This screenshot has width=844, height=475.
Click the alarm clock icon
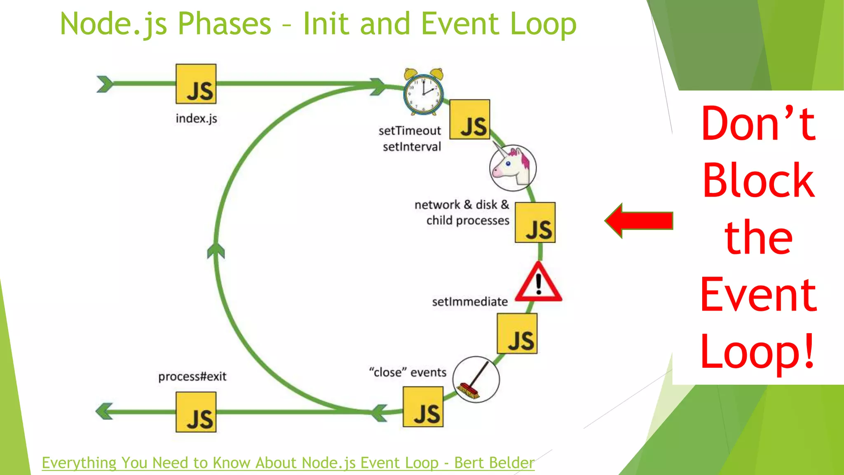(423, 92)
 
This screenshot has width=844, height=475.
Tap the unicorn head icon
(513, 168)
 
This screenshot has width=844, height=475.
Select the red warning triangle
(539, 283)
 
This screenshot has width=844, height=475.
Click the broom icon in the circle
(476, 380)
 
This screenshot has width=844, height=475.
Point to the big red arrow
(639, 221)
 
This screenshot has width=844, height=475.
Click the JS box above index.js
(196, 84)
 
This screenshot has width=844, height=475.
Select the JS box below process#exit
(196, 412)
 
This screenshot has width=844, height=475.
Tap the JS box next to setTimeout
(469, 120)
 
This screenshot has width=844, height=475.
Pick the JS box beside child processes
(535, 222)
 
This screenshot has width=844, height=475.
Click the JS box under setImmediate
(517, 333)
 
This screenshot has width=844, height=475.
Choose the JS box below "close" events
(423, 407)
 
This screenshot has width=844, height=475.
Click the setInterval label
(412, 147)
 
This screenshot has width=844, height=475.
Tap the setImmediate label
(469, 302)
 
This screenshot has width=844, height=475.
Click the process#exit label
(192, 376)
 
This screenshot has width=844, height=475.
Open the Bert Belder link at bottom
(288, 463)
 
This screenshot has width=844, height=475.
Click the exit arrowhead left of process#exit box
(104, 411)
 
